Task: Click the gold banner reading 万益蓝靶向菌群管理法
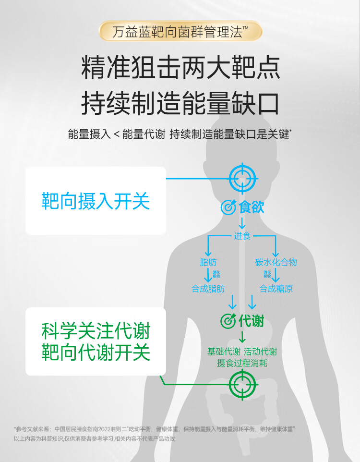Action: (180, 32)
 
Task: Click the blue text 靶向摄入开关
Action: (96, 201)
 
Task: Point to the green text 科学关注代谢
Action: (96, 331)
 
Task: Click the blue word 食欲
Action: (252, 207)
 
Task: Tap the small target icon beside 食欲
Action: (228, 207)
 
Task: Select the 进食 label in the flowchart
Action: (242, 236)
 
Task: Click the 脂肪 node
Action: (208, 262)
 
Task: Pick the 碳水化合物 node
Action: (276, 262)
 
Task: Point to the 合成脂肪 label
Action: (208, 289)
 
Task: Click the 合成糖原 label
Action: (276, 289)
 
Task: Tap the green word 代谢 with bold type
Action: (252, 321)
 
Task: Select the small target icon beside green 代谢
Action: (228, 321)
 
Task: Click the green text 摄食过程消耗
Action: (242, 363)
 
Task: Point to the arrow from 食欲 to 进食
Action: (242, 222)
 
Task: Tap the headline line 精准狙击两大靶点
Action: (180, 68)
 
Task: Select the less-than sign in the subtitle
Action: (117, 134)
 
